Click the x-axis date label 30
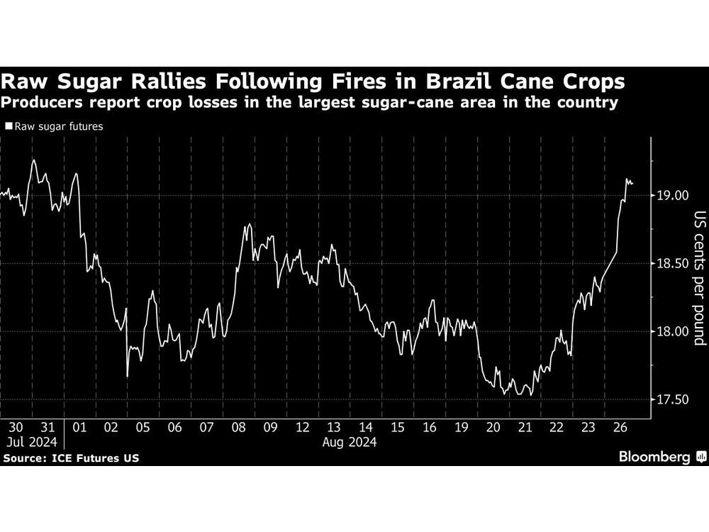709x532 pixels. click(x=16, y=428)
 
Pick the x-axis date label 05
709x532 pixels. click(x=143, y=428)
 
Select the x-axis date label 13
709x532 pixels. click(x=333, y=428)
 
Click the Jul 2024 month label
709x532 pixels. click(x=28, y=442)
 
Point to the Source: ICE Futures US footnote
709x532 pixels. click(x=71, y=458)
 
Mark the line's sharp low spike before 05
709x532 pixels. click(x=128, y=376)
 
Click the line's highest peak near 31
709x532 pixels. click(x=33, y=160)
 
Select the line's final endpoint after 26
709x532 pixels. click(x=632, y=183)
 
